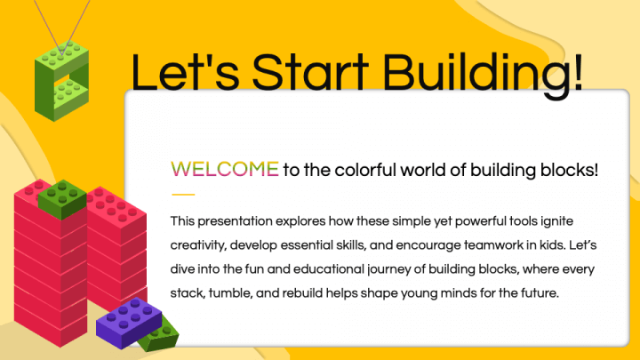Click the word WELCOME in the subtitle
(225, 170)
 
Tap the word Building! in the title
(483, 73)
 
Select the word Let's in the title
(185, 72)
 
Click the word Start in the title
(310, 72)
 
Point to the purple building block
(128, 322)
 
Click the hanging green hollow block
(61, 81)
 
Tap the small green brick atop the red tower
(62, 199)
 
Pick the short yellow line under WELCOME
(183, 195)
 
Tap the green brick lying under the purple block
(160, 336)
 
